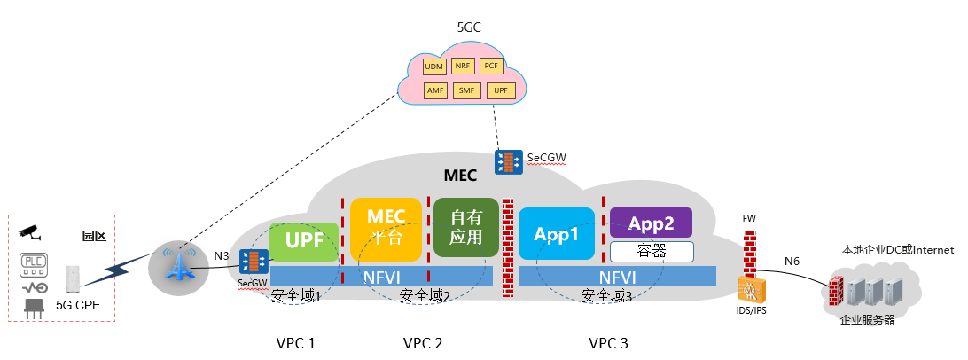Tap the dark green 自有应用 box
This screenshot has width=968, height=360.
pyautogui.click(x=465, y=228)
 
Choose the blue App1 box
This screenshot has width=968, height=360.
pyautogui.click(x=556, y=233)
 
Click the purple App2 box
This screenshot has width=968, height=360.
pyautogui.click(x=651, y=222)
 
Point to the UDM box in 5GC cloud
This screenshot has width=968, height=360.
pyautogui.click(x=434, y=67)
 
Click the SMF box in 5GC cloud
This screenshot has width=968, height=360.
pyautogui.click(x=465, y=90)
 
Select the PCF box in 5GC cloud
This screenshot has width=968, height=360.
pyautogui.click(x=490, y=67)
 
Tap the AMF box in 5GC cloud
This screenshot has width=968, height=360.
pyautogui.click(x=434, y=90)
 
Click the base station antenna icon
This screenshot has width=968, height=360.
pyautogui.click(x=180, y=265)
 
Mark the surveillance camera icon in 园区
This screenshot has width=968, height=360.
pyautogui.click(x=31, y=231)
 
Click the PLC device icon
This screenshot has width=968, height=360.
pyautogui.click(x=34, y=264)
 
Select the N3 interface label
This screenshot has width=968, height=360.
pyautogui.click(x=222, y=256)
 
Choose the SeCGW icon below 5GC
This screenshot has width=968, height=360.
pyautogui.click(x=508, y=161)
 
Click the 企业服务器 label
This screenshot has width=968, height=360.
pyautogui.click(x=867, y=318)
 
